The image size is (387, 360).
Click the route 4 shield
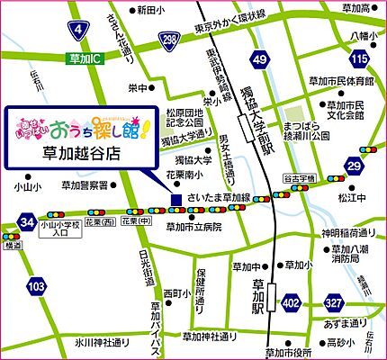point(80,33)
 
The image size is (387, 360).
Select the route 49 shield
point(260,60)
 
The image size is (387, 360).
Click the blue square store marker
point(176,199)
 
